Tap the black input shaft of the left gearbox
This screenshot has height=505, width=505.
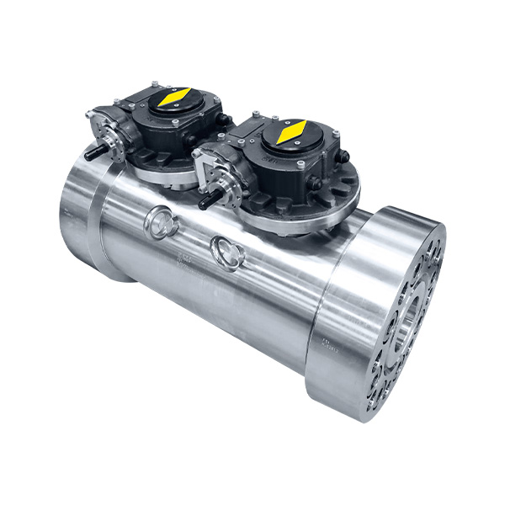[x=93, y=153]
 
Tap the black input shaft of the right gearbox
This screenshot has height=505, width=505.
[x=207, y=202]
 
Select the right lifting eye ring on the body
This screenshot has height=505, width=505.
[x=226, y=249]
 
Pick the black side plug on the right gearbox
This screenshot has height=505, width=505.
[x=344, y=157]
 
